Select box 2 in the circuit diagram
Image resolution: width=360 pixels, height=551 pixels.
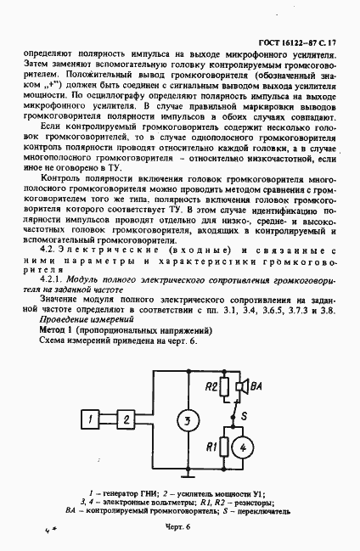click(x=126, y=418)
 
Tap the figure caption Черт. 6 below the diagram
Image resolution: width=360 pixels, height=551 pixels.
click(x=180, y=529)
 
